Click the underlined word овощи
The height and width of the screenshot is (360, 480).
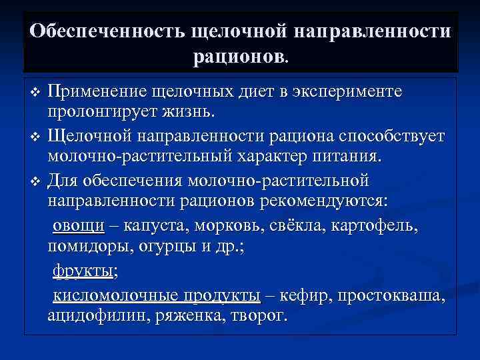tap(78, 226)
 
